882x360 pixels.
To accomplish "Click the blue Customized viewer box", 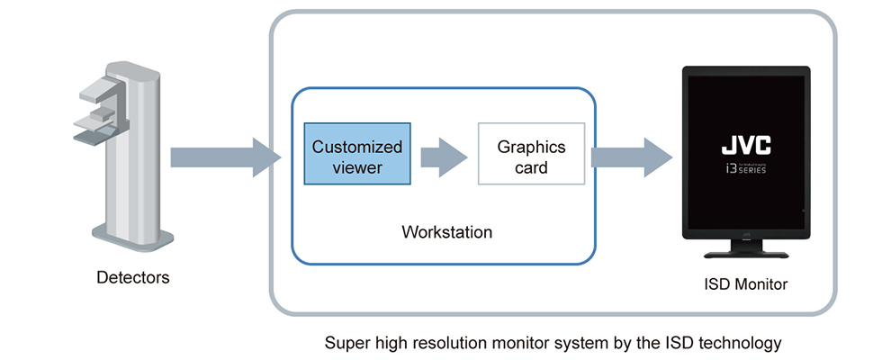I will (x=357, y=154).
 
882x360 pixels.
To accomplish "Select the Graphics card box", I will (x=531, y=154).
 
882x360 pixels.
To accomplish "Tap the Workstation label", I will (x=446, y=232).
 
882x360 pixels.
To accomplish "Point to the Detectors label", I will (x=132, y=278).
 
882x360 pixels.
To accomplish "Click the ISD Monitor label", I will (x=746, y=284).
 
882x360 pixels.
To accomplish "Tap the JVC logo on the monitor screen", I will (x=746, y=145).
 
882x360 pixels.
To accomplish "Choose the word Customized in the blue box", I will (x=357, y=146).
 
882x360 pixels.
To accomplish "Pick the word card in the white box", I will (x=531, y=166).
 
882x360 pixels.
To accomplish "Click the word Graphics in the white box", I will (x=531, y=146).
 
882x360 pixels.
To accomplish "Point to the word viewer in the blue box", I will (x=357, y=166).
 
